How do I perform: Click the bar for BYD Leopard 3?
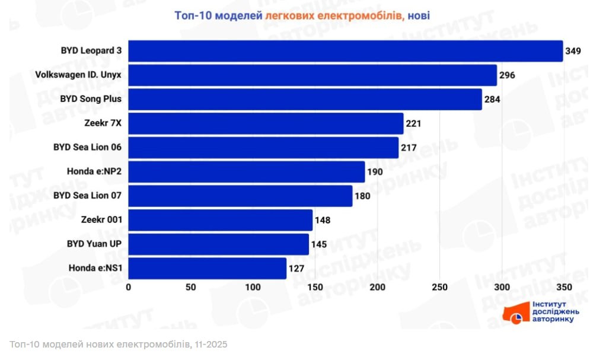(345, 51)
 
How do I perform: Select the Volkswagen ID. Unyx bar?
(312, 75)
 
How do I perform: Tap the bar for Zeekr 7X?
(266, 123)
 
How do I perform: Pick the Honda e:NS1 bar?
(207, 268)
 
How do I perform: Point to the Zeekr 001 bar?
(220, 220)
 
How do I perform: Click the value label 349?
(573, 51)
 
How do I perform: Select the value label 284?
(493, 99)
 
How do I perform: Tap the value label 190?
(375, 172)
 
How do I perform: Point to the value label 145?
(320, 244)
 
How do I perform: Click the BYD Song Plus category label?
(91, 99)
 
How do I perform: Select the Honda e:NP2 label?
(95, 172)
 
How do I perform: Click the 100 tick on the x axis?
(253, 288)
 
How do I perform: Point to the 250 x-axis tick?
(440, 288)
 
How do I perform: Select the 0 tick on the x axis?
(129, 288)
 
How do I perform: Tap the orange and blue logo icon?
(515, 313)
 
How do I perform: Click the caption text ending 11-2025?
(119, 345)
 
